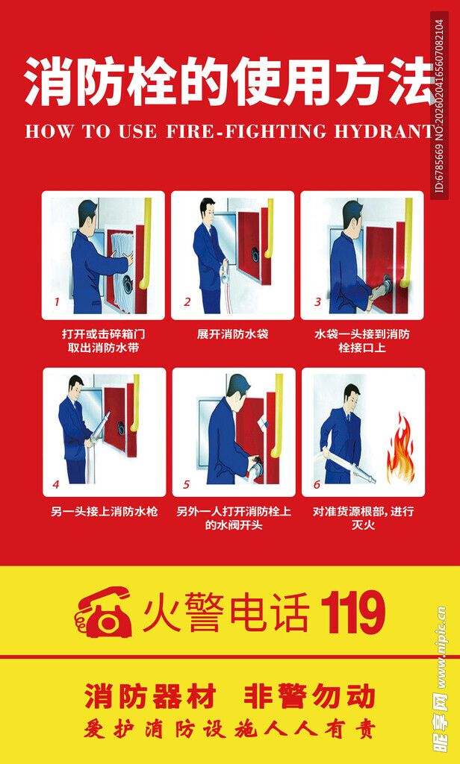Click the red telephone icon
tap(104, 613)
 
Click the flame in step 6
tap(400, 450)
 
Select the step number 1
tap(56, 302)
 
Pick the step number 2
tap(187, 302)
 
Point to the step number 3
tap(317, 302)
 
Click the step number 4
tap(56, 484)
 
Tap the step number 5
tap(187, 484)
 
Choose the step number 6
tap(317, 484)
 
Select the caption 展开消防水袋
tap(232, 334)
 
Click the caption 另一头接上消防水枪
tap(104, 512)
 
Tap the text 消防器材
tap(150, 697)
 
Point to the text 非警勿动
tap(309, 697)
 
